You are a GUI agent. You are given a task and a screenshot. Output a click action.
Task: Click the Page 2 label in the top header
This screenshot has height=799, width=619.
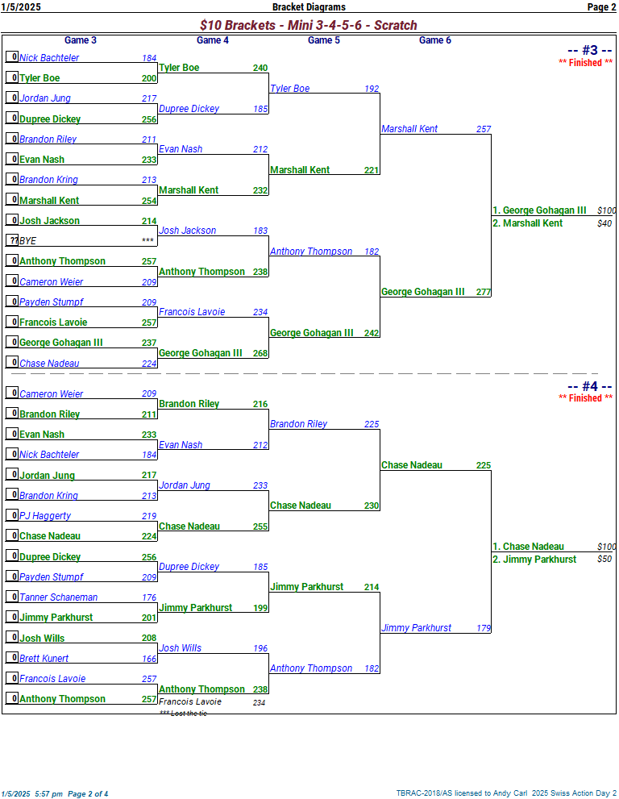[601, 7]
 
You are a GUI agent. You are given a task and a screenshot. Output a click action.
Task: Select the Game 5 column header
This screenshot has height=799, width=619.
[324, 40]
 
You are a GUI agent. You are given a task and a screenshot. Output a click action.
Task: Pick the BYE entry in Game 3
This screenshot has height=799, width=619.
[28, 241]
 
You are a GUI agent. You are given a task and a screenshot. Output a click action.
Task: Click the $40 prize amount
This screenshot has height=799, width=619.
[604, 223]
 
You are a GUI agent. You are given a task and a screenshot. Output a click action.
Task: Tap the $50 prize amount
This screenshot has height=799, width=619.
[604, 559]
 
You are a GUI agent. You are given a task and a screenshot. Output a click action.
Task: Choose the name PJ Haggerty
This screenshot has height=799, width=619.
[45, 516]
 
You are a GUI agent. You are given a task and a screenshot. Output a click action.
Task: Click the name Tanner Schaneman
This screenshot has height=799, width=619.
[58, 597]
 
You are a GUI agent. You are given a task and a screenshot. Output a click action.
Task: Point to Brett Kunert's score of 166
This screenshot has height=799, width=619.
[149, 659]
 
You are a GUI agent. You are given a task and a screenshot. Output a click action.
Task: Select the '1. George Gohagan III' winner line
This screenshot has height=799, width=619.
[539, 210]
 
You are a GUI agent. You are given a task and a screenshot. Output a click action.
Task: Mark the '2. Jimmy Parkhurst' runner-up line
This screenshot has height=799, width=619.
[534, 559]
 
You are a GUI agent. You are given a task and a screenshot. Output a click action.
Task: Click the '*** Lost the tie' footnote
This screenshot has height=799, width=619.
[183, 714]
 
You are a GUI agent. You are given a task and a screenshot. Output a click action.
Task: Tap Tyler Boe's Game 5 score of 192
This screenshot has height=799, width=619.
[372, 89]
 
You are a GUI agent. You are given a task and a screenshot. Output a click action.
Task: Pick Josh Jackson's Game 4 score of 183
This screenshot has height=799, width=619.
[260, 231]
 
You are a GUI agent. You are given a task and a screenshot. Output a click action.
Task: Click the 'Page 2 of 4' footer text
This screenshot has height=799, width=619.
[88, 793]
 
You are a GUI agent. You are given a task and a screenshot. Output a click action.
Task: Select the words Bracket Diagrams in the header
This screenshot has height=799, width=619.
[309, 7]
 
